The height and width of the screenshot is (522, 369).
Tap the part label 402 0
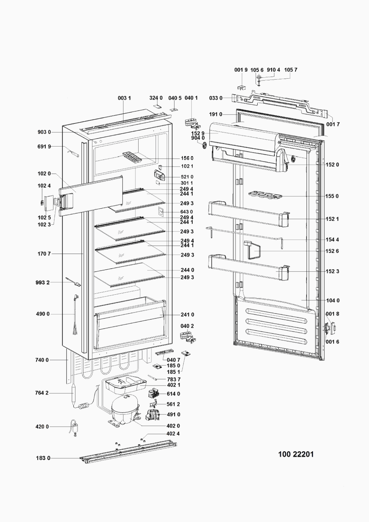click(173, 426)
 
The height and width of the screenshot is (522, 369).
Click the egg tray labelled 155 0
click(265, 195)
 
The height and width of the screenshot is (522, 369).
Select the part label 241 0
click(187, 315)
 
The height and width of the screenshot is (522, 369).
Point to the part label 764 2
click(42, 393)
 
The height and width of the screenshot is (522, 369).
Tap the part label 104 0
click(333, 300)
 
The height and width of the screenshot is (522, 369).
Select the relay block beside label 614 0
click(154, 394)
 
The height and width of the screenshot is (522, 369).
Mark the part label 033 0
click(215, 98)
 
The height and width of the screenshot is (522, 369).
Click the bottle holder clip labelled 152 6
click(252, 251)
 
